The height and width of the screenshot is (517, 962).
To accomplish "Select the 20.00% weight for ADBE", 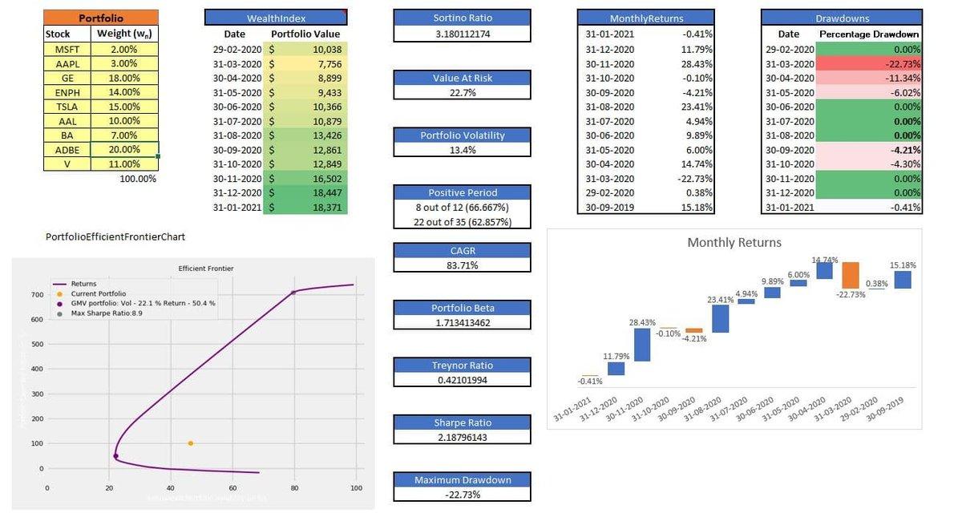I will coord(123,150).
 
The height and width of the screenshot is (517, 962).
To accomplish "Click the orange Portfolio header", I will coord(101,18).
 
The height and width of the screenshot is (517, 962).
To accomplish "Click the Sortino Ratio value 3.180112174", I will coord(462,34).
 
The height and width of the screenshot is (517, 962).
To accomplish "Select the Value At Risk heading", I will coord(462,78).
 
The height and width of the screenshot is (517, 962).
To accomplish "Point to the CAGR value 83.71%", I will coord(462,265).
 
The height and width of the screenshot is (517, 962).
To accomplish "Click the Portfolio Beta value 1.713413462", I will coord(462,322).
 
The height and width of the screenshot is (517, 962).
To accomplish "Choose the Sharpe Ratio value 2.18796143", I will coord(462,438).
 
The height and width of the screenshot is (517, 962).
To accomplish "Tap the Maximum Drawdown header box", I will coord(462,480).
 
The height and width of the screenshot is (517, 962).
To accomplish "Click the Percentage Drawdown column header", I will coord(869,34).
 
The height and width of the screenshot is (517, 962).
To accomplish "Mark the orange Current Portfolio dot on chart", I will coord(190,443).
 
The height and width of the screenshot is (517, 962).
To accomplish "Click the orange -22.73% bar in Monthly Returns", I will coord(851,275).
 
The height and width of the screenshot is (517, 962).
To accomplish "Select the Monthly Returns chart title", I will coord(734,242).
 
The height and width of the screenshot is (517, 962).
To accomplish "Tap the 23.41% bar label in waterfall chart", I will coord(720,300).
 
